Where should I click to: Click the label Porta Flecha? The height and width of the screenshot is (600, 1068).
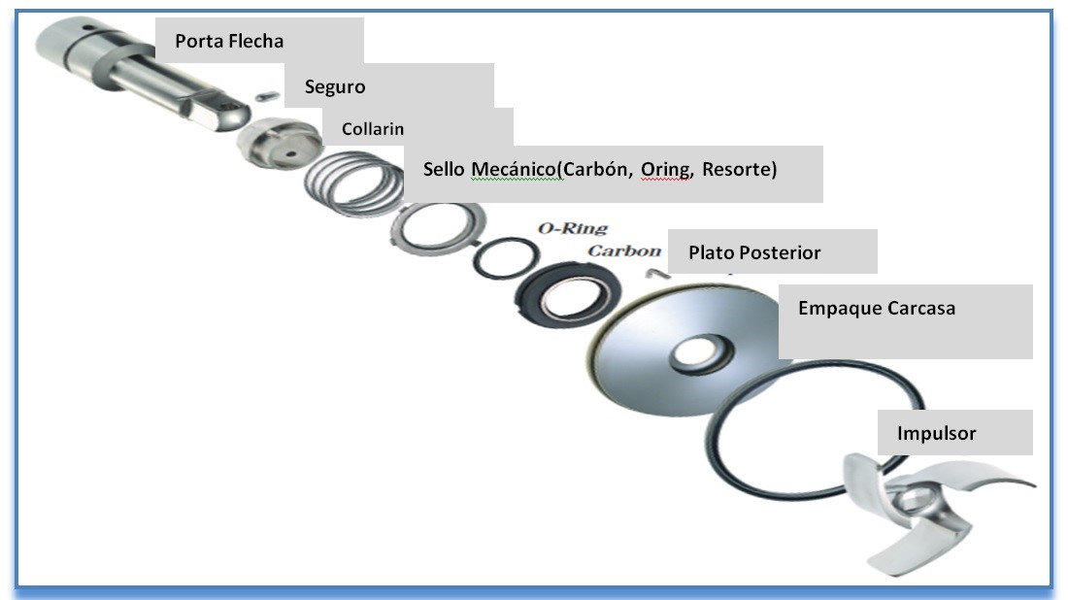point(229,42)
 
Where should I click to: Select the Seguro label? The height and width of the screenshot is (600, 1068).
point(335,86)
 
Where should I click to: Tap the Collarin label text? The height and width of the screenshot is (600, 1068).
point(372,128)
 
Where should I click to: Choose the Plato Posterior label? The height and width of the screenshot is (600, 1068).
point(754,253)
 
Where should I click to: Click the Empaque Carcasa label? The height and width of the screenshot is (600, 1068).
point(876,309)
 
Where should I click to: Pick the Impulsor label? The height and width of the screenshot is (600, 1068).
point(938,433)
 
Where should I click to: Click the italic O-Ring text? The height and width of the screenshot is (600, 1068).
point(573,229)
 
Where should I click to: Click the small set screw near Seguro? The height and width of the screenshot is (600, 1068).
point(269,93)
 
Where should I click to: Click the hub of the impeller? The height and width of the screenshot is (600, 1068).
point(911,502)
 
